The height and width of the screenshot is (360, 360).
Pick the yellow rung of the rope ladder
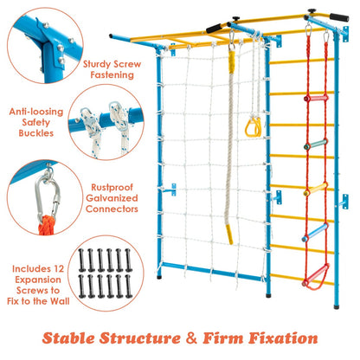(x=318, y=186)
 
